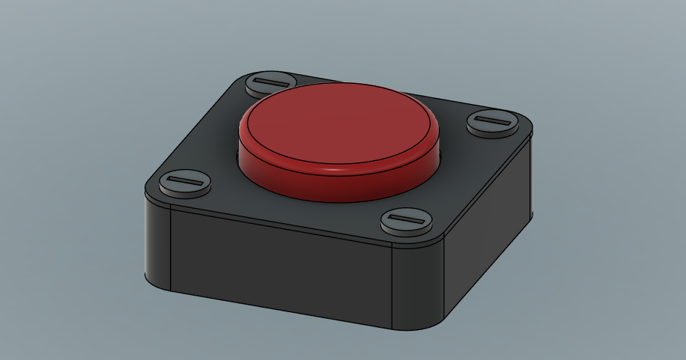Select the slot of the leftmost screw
click(x=184, y=181)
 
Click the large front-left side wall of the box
click(x=281, y=269)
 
